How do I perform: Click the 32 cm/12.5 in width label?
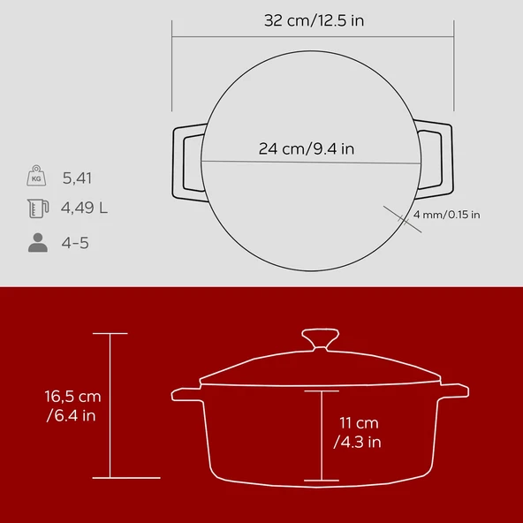tap(313, 20)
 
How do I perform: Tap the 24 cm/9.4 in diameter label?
tap(307, 148)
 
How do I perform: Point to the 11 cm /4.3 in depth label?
tap(358, 432)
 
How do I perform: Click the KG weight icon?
tap(36, 177)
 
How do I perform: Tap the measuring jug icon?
tap(36, 209)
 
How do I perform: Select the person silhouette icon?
tap(37, 242)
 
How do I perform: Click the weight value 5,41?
tap(77, 178)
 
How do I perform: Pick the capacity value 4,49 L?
tap(85, 209)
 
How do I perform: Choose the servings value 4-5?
tap(75, 242)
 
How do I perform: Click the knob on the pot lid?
tap(319, 339)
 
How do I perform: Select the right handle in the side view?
tap(454, 390)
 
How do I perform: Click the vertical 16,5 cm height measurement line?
tap(110, 406)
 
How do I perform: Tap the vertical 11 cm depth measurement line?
tap(319, 436)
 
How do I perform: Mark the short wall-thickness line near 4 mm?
tap(398, 217)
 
